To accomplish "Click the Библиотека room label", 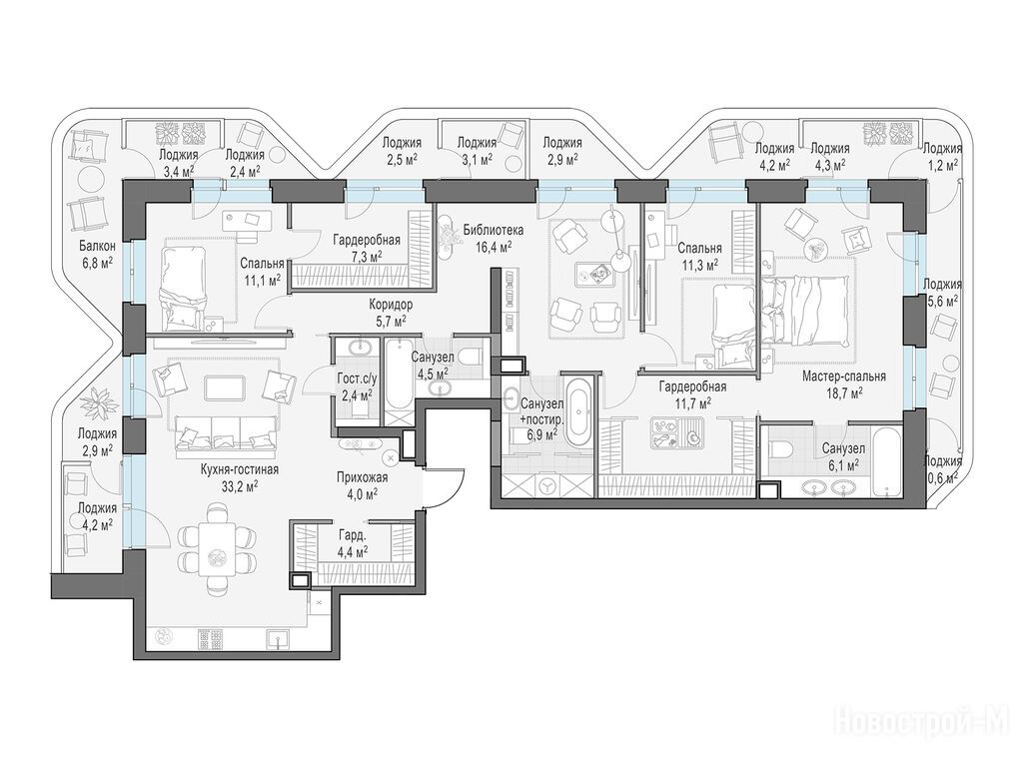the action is point(494,231).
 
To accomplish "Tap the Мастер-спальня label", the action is point(843,377).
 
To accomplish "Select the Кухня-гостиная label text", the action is point(240,470).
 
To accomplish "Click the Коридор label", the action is point(391,305).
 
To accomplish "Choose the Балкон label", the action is point(97,247).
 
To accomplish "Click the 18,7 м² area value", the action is point(843,392).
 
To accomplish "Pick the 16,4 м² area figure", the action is point(494,246).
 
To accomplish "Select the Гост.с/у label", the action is point(355,380).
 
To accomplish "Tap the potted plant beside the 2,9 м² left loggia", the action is point(99,403).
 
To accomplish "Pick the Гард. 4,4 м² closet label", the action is point(353,543).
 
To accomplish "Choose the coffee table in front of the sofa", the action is point(225,388).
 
